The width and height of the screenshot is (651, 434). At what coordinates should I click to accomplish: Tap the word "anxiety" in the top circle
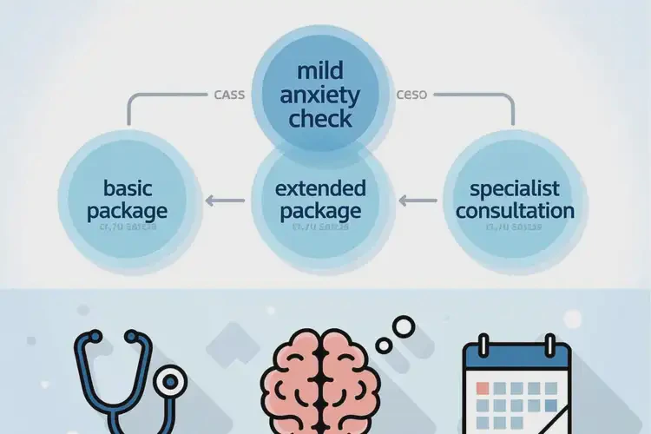click(319, 95)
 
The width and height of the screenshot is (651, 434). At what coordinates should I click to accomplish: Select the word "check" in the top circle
click(319, 119)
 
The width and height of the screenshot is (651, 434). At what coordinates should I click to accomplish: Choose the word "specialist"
click(516, 188)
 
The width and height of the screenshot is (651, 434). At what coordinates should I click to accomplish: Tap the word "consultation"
click(516, 211)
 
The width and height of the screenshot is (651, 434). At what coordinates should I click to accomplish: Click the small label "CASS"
click(228, 95)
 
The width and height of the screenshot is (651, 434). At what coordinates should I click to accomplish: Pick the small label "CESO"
click(411, 95)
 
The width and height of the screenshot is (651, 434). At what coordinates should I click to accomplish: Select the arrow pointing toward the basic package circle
click(221, 201)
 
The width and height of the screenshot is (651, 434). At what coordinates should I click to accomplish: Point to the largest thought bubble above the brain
click(404, 326)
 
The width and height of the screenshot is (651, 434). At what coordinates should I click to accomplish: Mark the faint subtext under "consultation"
click(516, 227)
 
